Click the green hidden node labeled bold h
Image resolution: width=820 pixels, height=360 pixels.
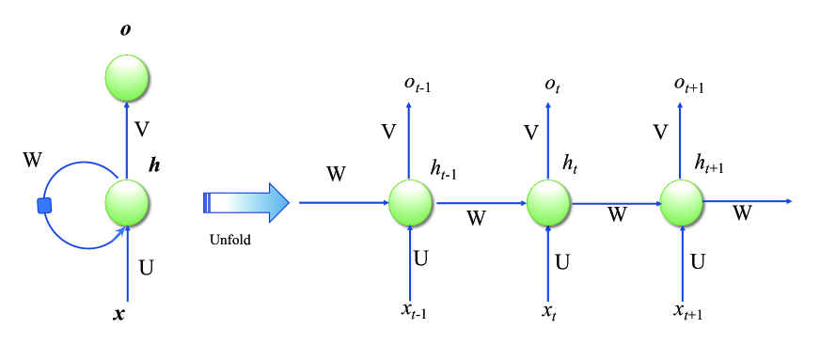[x=127, y=201]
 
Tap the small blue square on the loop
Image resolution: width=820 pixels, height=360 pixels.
[x=44, y=205]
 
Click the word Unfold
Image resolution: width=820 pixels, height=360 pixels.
[x=229, y=240]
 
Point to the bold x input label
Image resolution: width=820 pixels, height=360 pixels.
[x=118, y=315]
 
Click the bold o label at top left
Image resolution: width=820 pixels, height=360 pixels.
[x=125, y=30]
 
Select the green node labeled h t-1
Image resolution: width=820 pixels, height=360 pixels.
[x=410, y=201]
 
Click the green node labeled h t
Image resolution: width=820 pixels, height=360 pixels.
[x=548, y=201]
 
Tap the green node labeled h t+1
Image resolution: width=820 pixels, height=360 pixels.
[x=682, y=201]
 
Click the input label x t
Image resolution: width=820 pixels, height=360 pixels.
[x=548, y=311]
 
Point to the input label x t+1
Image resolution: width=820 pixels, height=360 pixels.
[x=688, y=311]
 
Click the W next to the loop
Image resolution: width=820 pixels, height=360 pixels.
[x=33, y=159]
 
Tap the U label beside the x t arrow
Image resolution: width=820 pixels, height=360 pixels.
[x=562, y=262]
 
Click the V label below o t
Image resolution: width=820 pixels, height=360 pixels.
[x=531, y=133]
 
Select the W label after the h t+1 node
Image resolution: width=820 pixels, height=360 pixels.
[x=742, y=213]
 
